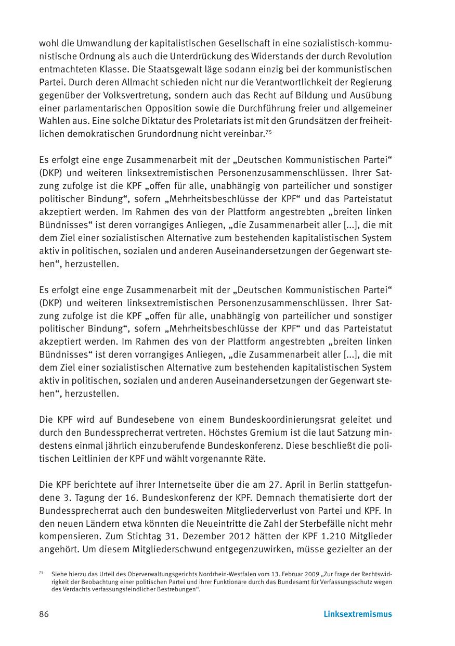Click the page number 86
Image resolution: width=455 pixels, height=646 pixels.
point(44,614)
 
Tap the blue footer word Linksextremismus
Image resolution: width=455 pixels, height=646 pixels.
point(358,614)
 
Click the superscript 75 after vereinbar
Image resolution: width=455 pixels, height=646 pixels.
point(268,132)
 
